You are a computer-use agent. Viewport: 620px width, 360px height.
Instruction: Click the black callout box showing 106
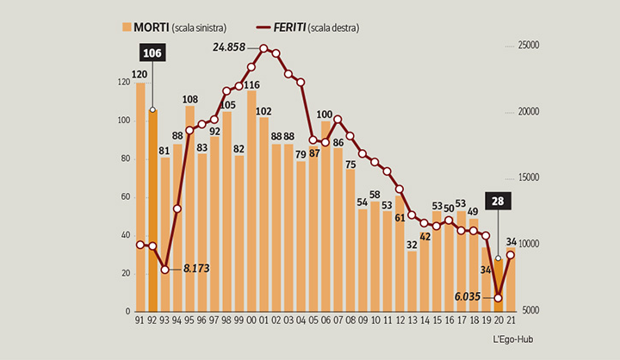click(152, 54)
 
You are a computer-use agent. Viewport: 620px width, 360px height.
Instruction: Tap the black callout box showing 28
click(498, 202)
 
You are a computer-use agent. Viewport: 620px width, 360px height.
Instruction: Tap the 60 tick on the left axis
click(127, 197)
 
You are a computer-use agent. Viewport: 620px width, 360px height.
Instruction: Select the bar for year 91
click(140, 197)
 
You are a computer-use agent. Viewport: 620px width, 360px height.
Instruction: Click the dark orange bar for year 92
click(152, 210)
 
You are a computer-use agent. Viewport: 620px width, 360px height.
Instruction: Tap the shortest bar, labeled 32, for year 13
click(412, 281)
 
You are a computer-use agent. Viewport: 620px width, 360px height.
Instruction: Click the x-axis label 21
click(511, 320)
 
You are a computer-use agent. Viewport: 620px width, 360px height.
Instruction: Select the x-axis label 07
click(338, 320)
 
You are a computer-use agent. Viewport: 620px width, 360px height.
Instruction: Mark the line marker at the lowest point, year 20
click(498, 298)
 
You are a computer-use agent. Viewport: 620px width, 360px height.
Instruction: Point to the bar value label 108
click(190, 98)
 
